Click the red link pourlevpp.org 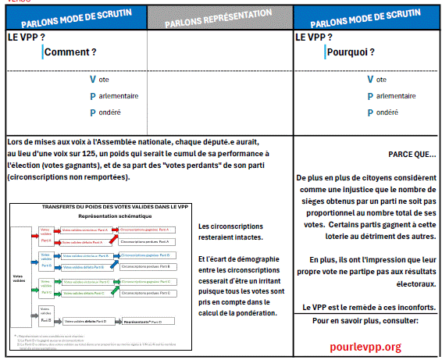365,346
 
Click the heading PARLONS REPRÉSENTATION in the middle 219,18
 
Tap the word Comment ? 70,52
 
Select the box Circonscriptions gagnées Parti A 146,230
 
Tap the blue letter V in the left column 93,79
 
